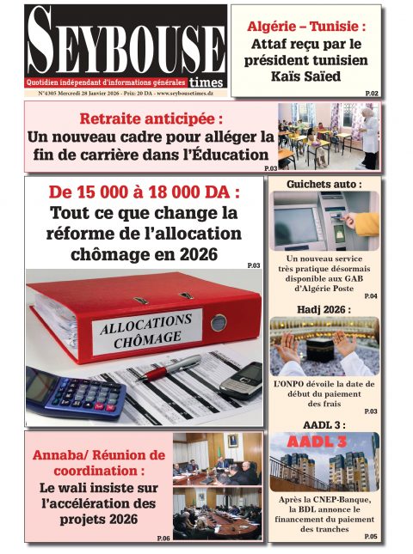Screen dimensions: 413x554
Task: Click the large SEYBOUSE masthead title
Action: click(x=125, y=43)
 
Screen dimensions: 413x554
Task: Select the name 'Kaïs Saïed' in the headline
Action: click(x=307, y=76)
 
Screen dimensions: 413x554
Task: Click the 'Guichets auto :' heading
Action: click(x=324, y=184)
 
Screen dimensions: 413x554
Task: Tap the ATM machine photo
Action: click(x=324, y=220)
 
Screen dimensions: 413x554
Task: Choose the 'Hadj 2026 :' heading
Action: click(x=324, y=307)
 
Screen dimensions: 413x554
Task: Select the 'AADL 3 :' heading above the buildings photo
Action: click(x=324, y=424)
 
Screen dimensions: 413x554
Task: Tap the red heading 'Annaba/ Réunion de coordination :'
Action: click(x=98, y=463)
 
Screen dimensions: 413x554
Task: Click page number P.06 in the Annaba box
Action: click(x=163, y=538)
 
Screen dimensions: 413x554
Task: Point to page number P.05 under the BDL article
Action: click(x=370, y=537)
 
